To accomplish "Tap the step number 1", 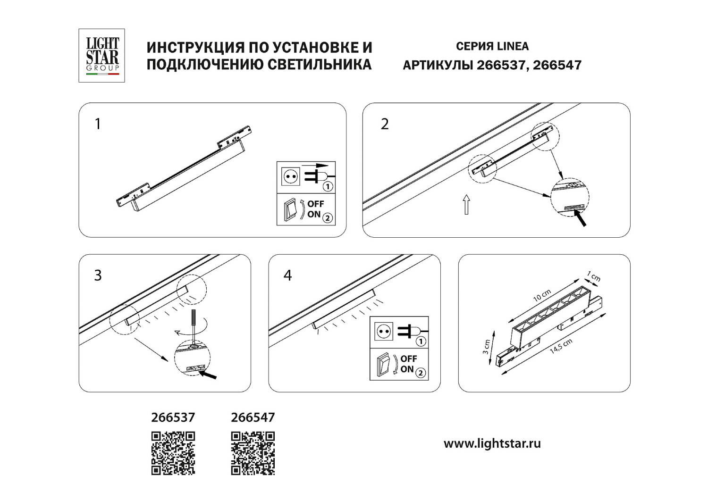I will click(x=98, y=124).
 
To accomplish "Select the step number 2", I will click(x=385, y=124).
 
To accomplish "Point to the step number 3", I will click(x=98, y=275).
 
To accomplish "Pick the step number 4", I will click(x=287, y=275).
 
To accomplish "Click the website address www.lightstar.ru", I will click(x=492, y=444).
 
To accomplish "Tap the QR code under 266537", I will click(x=173, y=453).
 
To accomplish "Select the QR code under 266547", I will click(x=253, y=453).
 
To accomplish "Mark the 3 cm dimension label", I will click(x=486, y=347).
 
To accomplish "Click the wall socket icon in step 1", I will click(x=290, y=177).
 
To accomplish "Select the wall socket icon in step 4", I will click(x=383, y=332).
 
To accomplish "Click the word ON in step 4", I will click(x=407, y=369).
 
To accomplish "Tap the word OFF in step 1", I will click(x=316, y=204).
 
